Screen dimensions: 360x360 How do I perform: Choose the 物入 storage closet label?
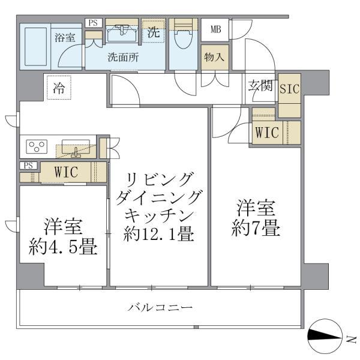pos(214,58)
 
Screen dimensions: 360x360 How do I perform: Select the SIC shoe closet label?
pos(290,89)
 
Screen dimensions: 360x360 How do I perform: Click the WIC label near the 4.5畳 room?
pos(66,172)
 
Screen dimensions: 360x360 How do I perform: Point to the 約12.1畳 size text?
pos(158,234)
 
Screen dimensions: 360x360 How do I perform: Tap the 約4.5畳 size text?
pos(64,247)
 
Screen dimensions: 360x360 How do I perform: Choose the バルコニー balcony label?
pos(160,308)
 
